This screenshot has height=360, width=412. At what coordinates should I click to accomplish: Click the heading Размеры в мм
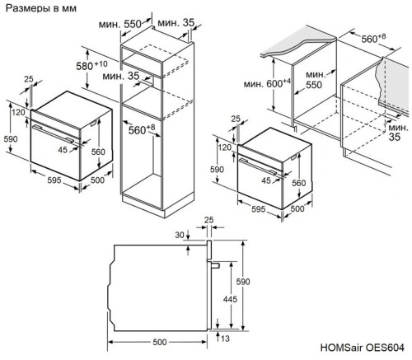click(40, 10)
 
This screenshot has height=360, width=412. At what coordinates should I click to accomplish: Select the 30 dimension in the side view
click(180, 235)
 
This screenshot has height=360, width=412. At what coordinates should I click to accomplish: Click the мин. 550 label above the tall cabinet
click(133, 24)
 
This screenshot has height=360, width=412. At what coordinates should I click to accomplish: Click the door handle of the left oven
click(56, 129)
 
